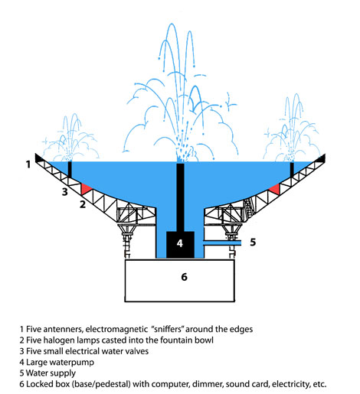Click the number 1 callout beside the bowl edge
(x=28, y=163)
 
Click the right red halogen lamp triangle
(x=273, y=188)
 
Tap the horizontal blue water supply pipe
(x=222, y=243)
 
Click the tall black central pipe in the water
(x=182, y=195)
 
